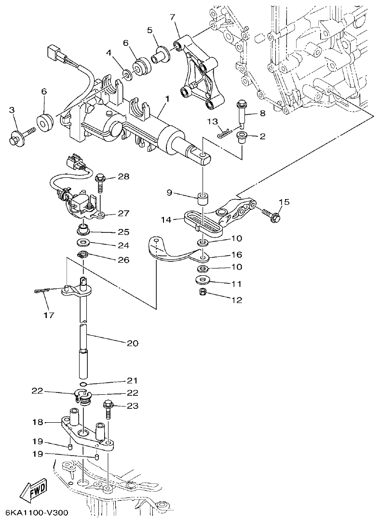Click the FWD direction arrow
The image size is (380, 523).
point(33,492)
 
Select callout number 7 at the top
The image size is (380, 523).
point(172,18)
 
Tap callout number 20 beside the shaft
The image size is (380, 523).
point(132,343)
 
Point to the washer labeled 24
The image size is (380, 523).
point(84,241)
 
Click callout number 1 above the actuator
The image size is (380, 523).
point(166,99)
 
